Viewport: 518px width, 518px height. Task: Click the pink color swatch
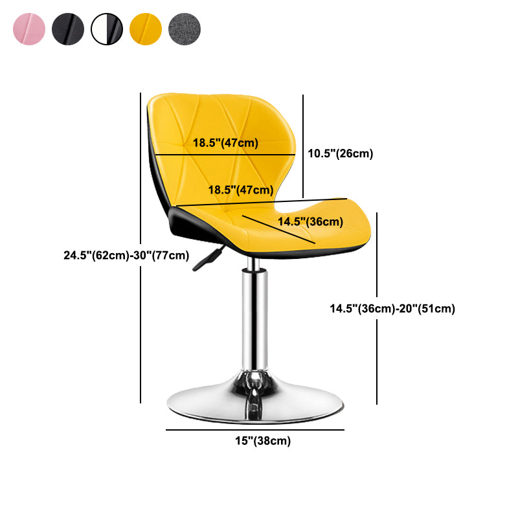28,28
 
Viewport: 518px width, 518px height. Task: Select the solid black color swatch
68,28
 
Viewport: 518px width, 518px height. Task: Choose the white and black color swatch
107,28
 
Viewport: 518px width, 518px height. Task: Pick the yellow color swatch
146,28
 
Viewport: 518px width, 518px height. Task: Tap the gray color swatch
185,28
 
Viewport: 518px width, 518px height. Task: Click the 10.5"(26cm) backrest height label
341,153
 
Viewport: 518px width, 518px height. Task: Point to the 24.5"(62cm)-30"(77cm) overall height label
126,255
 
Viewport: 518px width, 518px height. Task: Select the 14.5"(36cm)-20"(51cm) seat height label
392,309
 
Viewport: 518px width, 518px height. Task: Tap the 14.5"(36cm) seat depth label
310,222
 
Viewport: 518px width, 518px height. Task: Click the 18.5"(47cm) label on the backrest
225,143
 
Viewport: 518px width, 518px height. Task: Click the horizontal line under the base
254,429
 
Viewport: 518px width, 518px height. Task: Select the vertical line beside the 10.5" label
303,146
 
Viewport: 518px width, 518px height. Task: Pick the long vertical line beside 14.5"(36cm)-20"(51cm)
377,308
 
